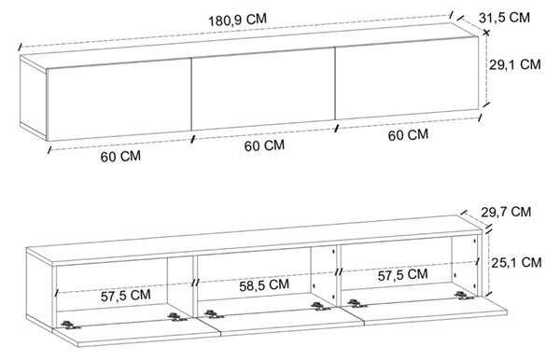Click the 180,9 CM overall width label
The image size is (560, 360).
237,20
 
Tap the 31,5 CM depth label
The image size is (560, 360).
504,17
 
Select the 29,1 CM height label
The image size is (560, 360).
514,64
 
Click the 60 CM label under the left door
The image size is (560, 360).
120,157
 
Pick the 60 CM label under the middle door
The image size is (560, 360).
265,145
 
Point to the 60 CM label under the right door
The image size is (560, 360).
408,135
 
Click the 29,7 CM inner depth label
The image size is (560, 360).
506,212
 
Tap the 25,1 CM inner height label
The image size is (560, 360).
516,262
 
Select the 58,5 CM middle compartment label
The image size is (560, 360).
264,285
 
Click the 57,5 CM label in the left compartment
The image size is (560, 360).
126,296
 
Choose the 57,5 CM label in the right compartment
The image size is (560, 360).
403,275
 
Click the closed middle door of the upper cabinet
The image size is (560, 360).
263,89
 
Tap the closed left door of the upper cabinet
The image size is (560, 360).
119,100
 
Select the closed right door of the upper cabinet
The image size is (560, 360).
407,78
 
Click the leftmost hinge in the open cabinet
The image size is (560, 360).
70,325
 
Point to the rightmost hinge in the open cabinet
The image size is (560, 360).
465,295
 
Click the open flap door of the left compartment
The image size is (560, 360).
135,332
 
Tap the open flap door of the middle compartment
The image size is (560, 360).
280,321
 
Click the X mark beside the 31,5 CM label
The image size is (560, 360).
485,33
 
